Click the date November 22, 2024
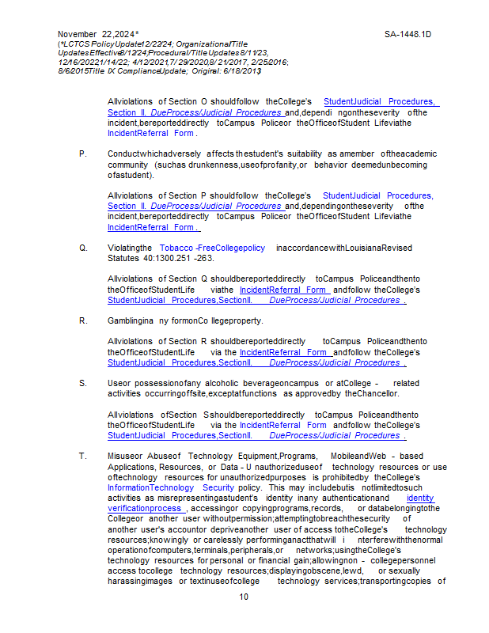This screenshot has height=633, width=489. pos(96,35)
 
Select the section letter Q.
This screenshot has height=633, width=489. pos(83,248)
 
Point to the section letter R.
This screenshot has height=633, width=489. pos(83,321)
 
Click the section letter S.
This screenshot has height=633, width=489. pos(83,383)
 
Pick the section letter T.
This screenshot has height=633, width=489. pos(82,457)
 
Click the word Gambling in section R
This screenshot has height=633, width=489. pos(124,321)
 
